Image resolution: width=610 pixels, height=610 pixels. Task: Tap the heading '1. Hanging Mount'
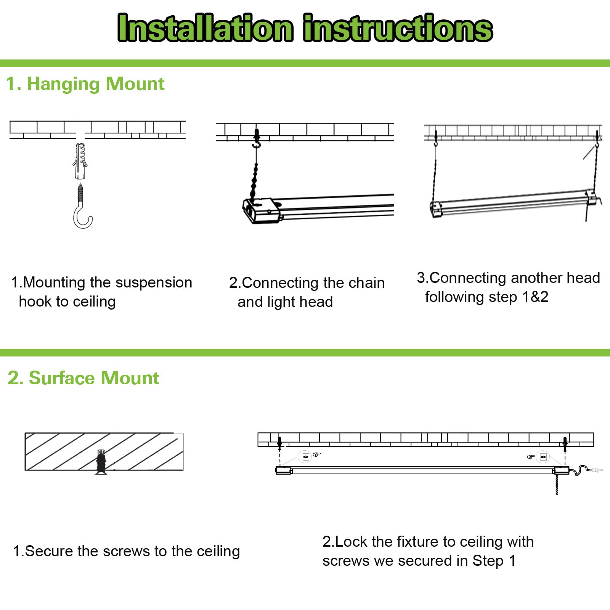tap(85, 83)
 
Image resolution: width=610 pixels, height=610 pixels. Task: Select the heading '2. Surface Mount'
tap(83, 378)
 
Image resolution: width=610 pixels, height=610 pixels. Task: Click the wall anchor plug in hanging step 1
tap(80, 161)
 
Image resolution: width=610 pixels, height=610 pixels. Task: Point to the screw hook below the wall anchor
tap(82, 208)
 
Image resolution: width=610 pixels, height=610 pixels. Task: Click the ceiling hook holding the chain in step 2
tap(257, 140)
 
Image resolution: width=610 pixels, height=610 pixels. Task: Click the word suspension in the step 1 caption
tap(154, 283)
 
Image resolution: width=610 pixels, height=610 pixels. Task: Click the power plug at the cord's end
tap(595, 470)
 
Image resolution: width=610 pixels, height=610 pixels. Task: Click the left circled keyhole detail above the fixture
tap(305, 456)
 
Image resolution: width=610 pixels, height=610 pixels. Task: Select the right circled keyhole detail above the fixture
tap(543, 456)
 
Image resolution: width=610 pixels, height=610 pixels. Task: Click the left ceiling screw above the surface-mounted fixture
tap(279, 443)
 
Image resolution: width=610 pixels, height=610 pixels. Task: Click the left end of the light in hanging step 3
tap(436, 209)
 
